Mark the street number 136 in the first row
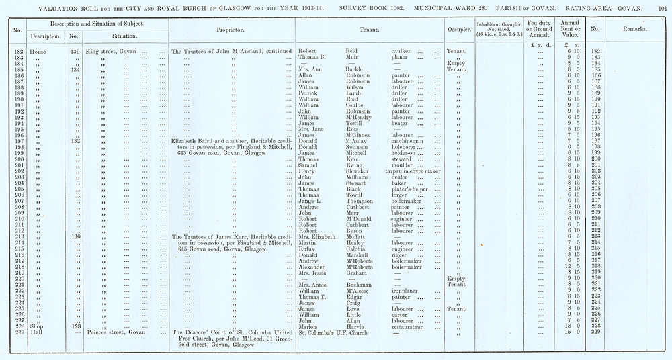(75, 51)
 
